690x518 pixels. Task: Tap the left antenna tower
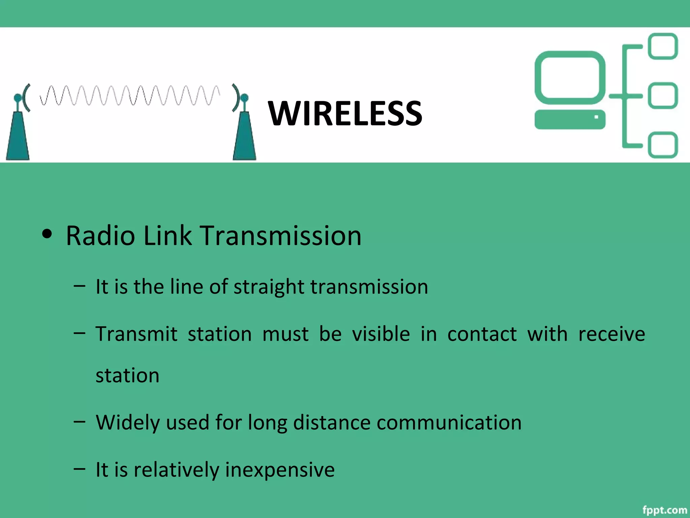point(18,135)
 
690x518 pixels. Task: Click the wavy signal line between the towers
point(130,95)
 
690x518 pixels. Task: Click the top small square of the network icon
point(663,46)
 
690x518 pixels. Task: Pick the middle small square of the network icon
point(663,96)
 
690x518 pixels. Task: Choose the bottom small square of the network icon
point(663,145)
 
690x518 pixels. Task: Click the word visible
point(381,334)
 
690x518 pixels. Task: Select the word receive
point(611,334)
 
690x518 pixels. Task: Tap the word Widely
point(128,422)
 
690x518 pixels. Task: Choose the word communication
point(449,422)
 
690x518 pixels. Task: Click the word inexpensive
point(280,469)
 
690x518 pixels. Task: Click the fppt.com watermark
point(664,510)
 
